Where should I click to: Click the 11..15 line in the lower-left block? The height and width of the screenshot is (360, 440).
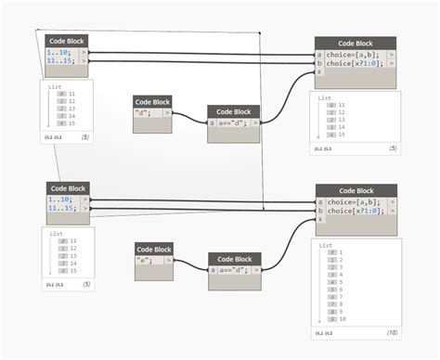(63, 211)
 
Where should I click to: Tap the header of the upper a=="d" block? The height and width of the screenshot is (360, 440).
(234, 111)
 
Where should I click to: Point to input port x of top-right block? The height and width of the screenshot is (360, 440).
(319, 72)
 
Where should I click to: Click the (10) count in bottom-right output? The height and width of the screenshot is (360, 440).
(393, 332)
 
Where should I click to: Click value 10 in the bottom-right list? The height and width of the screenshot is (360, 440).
(343, 318)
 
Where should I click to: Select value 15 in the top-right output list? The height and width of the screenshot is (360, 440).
(342, 135)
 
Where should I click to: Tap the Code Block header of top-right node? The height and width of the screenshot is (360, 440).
(356, 43)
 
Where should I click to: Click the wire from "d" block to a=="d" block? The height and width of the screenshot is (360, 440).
(190, 119)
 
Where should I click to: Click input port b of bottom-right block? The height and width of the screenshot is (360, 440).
(320, 212)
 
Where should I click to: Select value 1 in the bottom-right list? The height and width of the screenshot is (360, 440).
(342, 252)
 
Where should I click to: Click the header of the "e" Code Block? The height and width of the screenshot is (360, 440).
(154, 249)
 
